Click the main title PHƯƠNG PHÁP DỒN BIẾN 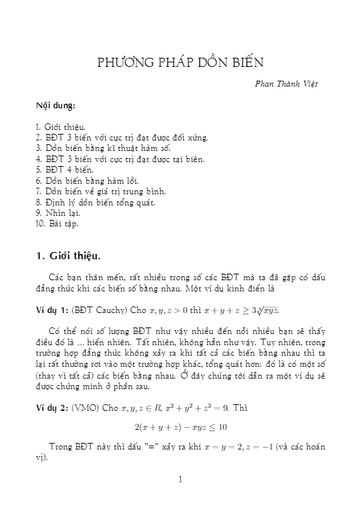180,63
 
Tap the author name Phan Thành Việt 290,84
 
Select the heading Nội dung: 56,105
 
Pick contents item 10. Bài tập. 58,223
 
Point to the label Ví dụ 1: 52,309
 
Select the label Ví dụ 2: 52,409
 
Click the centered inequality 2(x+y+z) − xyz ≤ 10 180,427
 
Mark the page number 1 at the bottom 180,480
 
